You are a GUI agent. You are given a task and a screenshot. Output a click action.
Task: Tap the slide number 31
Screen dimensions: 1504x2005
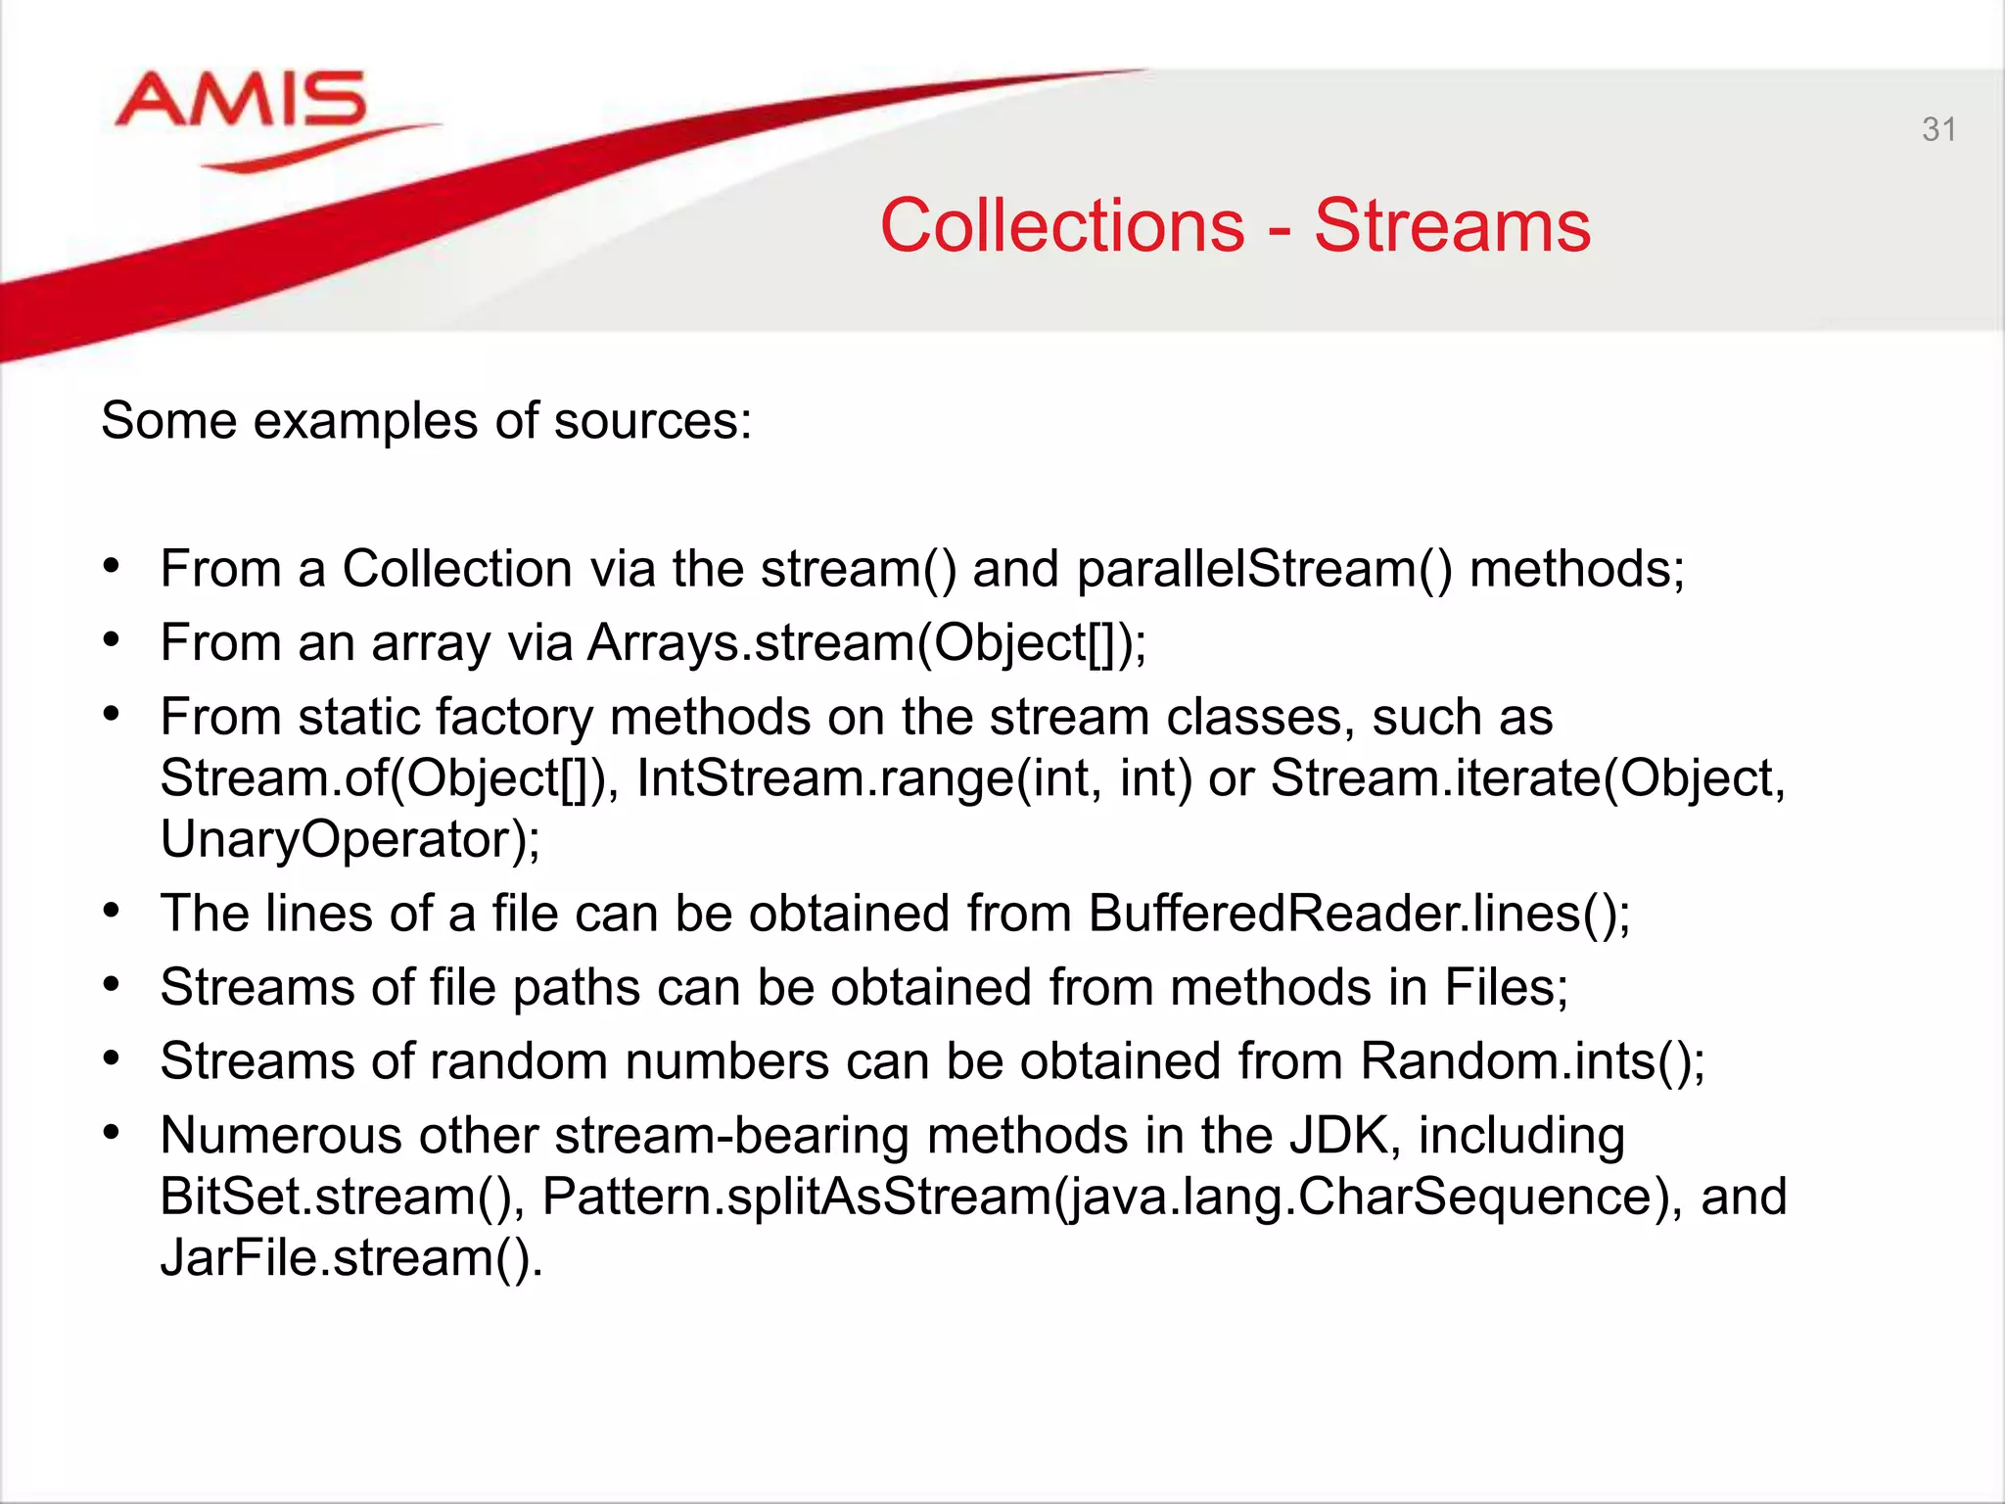(1938, 129)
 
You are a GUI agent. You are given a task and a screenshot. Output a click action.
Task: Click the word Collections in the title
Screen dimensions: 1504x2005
(1062, 226)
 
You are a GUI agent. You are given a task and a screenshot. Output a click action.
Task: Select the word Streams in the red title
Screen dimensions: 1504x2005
(1452, 226)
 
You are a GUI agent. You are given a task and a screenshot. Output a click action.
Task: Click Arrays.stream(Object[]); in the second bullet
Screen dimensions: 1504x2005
(866, 643)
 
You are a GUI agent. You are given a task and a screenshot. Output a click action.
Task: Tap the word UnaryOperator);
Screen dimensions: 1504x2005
(350, 839)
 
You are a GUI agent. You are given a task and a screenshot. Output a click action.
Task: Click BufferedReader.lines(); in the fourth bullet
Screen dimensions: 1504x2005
(1359, 914)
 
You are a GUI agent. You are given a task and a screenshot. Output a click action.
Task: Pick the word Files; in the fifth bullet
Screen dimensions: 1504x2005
(1507, 987)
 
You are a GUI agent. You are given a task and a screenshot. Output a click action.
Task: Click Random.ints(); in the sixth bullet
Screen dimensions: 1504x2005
(1532, 1061)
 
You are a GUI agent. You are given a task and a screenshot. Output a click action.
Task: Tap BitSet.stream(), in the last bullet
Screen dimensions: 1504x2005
(342, 1197)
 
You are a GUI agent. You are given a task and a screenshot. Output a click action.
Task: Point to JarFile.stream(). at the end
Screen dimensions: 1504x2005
(351, 1257)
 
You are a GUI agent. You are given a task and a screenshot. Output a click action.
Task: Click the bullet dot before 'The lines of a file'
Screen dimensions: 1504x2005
(112, 912)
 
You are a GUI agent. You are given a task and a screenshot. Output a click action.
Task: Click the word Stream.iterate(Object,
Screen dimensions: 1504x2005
(1527, 778)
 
